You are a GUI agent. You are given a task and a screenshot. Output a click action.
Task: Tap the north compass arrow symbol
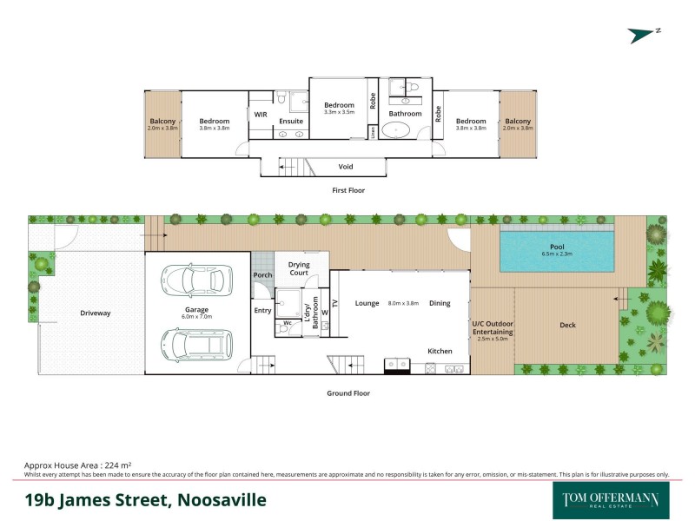pyautogui.click(x=644, y=34)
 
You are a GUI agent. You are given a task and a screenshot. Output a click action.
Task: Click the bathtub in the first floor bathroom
pyautogui.click(x=400, y=132)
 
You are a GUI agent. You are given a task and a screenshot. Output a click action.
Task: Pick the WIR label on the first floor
pyautogui.click(x=260, y=114)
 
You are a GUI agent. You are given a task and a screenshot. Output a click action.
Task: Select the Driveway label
pyautogui.click(x=96, y=313)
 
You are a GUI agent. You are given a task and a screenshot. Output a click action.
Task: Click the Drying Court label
pyautogui.click(x=299, y=269)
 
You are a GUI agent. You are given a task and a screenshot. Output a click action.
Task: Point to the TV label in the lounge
pyautogui.click(x=334, y=303)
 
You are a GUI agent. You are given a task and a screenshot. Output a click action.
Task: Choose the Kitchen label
pyautogui.click(x=440, y=351)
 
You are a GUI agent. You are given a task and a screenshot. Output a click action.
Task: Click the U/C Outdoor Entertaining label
pyautogui.click(x=493, y=330)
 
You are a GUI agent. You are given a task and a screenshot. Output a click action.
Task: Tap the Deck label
pyautogui.click(x=567, y=326)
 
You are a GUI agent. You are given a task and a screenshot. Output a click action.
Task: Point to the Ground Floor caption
pyautogui.click(x=348, y=393)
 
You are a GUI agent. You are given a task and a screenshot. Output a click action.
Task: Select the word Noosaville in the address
pyautogui.click(x=222, y=500)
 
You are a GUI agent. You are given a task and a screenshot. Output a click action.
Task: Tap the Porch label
pyautogui.click(x=262, y=275)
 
